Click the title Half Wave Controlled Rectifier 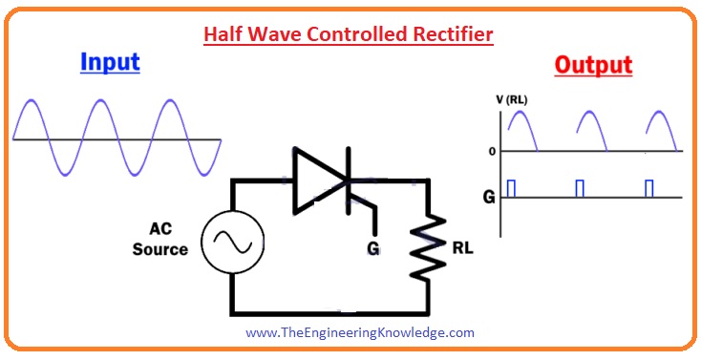[349, 35]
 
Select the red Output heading [593, 65]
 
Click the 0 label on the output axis [491, 151]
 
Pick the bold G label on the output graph [488, 199]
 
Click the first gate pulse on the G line [511, 188]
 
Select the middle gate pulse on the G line [580, 188]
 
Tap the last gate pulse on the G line [649, 188]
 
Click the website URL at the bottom [359, 333]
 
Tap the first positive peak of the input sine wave [32, 100]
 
